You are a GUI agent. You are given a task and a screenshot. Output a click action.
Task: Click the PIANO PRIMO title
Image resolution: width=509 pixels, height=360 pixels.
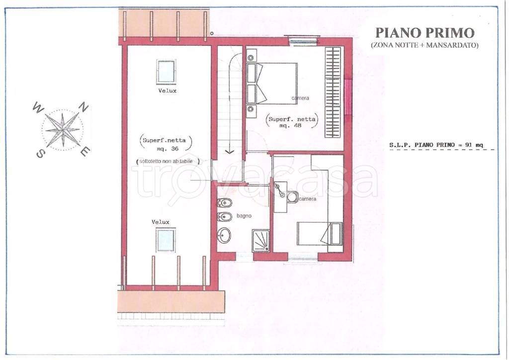[x=424, y=33]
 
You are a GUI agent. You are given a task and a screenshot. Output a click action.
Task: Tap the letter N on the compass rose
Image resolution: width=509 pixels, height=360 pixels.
[x=84, y=107]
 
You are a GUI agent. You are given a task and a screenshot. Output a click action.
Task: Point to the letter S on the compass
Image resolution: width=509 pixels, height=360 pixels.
[x=40, y=154]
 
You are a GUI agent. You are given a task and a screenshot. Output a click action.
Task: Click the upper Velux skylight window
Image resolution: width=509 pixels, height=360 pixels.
[x=166, y=72]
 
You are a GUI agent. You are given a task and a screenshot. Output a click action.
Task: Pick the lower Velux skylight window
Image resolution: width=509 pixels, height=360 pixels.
[x=166, y=240]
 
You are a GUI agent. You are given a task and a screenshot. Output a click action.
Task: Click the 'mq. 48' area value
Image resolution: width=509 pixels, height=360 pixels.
[x=290, y=125]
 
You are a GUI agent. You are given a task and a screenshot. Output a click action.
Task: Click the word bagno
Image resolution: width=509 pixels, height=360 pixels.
[x=244, y=215]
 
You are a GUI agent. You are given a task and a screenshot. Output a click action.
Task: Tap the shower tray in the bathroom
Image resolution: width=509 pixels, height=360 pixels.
[x=260, y=240]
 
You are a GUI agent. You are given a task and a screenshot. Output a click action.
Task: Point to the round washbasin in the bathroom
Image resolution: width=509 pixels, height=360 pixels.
[x=224, y=235]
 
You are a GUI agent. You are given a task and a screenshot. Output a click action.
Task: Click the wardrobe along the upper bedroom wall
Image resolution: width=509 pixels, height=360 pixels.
[x=333, y=92]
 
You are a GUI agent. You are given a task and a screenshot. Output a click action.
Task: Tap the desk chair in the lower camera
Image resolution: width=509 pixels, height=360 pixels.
[x=292, y=197]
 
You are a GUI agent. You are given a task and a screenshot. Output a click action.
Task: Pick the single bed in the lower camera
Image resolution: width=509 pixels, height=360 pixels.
[x=320, y=233]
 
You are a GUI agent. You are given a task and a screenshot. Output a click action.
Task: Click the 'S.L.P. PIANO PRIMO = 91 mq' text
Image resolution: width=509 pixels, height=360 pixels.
[x=436, y=145]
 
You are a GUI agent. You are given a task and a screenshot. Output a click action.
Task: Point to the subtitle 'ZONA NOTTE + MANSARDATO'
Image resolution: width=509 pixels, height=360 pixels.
[x=424, y=45]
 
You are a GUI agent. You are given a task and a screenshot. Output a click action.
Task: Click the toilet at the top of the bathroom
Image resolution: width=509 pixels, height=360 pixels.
[x=225, y=203]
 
